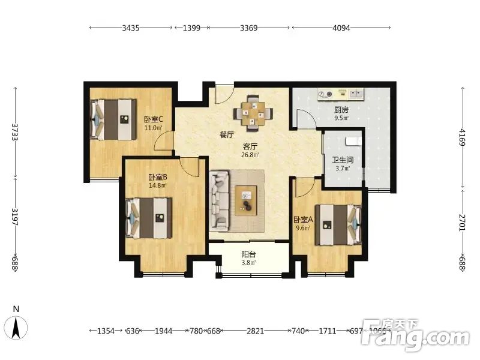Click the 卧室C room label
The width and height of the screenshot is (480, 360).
[x=154, y=119]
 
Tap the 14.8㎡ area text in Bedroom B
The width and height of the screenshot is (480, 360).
[x=158, y=185]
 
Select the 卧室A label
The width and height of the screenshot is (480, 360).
[x=303, y=220]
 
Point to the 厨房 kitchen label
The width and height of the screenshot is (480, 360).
[x=341, y=110]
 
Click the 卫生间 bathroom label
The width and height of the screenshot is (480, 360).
[x=343, y=160]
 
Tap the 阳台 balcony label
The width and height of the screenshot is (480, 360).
[x=248, y=254]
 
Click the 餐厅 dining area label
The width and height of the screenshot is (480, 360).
[x=227, y=134]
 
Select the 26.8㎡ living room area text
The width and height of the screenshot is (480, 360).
[x=250, y=155]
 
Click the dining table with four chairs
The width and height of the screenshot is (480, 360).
[x=253, y=114]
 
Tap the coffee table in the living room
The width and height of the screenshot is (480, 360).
[x=246, y=201]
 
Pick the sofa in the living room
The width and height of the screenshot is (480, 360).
[x=219, y=201]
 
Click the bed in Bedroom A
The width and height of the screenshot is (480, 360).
[x=338, y=225]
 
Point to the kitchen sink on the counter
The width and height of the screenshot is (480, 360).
[x=355, y=93]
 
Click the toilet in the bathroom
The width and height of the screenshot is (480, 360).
[x=353, y=142]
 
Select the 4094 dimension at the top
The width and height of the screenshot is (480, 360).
[x=341, y=28]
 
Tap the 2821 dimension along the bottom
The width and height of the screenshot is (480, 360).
[x=256, y=331]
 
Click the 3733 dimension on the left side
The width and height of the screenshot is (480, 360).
[x=14, y=132]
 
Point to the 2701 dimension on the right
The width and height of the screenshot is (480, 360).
[x=462, y=223]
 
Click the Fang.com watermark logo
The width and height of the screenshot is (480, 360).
[x=415, y=335]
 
